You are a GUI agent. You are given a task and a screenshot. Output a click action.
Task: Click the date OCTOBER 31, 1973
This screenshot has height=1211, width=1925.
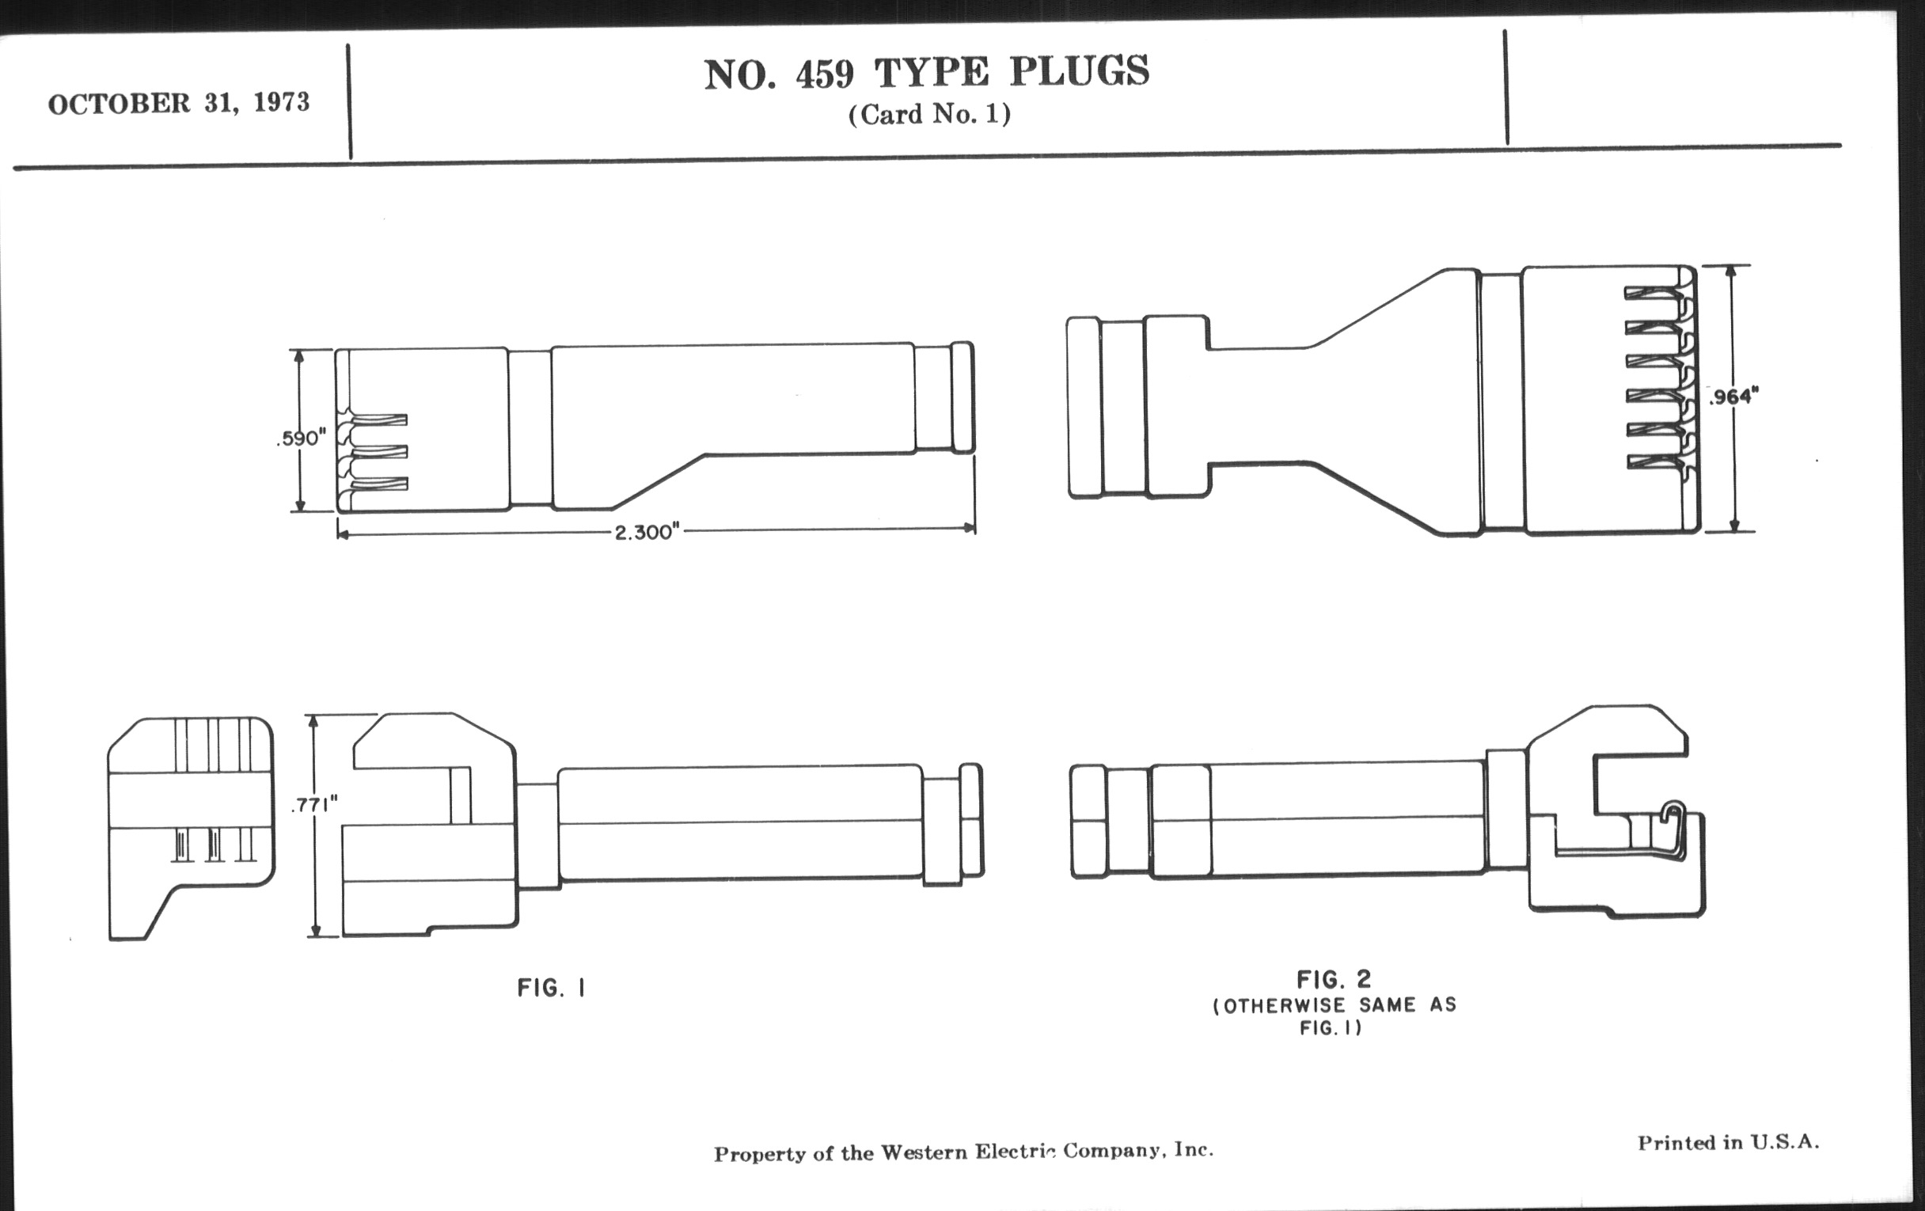point(178,104)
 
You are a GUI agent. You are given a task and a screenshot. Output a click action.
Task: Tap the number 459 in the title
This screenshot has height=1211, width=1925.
point(824,74)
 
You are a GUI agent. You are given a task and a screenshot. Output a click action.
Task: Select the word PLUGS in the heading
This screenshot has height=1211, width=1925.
point(1079,70)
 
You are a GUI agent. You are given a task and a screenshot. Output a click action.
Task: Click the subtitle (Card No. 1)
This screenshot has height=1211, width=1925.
point(929,114)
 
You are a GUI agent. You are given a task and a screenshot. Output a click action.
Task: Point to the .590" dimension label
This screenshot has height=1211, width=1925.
point(302,438)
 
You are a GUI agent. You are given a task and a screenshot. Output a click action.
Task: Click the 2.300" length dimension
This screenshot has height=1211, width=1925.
point(647,533)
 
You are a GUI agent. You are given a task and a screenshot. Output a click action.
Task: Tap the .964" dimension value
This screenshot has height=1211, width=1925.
point(1734,397)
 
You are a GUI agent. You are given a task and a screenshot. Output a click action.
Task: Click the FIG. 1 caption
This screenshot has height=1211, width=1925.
point(552,989)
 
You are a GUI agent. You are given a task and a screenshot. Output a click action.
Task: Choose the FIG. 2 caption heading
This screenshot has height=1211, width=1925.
point(1334,979)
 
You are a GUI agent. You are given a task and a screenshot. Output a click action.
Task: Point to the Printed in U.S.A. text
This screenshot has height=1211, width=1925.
point(1729,1143)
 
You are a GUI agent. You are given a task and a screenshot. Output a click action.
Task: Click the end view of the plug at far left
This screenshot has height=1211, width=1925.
point(191,828)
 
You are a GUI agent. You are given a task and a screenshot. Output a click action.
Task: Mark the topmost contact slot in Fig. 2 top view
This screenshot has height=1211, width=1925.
point(1654,294)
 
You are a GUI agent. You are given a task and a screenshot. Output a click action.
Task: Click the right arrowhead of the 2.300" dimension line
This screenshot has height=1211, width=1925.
point(969,528)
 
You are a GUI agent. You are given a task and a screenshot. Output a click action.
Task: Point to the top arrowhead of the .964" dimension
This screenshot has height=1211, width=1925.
point(1731,271)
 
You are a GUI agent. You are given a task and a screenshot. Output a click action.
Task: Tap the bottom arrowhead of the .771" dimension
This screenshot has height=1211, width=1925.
point(315,930)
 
